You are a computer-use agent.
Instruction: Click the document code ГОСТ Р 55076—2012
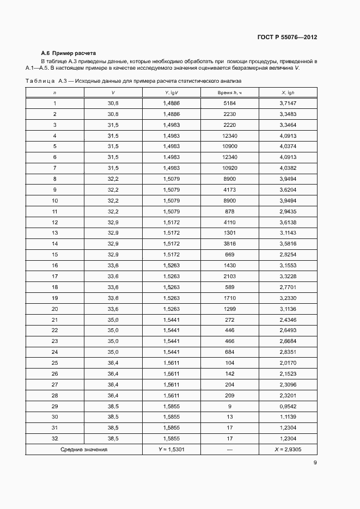coord(286,38)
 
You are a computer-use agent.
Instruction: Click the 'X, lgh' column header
coord(287,93)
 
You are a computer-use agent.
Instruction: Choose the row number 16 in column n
coord(54,265)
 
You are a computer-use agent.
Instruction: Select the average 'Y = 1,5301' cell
coord(171,450)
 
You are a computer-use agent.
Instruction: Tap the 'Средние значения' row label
coord(84,450)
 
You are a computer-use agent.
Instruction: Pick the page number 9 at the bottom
coord(315,463)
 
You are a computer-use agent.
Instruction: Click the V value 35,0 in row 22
coord(113,330)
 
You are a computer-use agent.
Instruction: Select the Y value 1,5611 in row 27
coord(171,384)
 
